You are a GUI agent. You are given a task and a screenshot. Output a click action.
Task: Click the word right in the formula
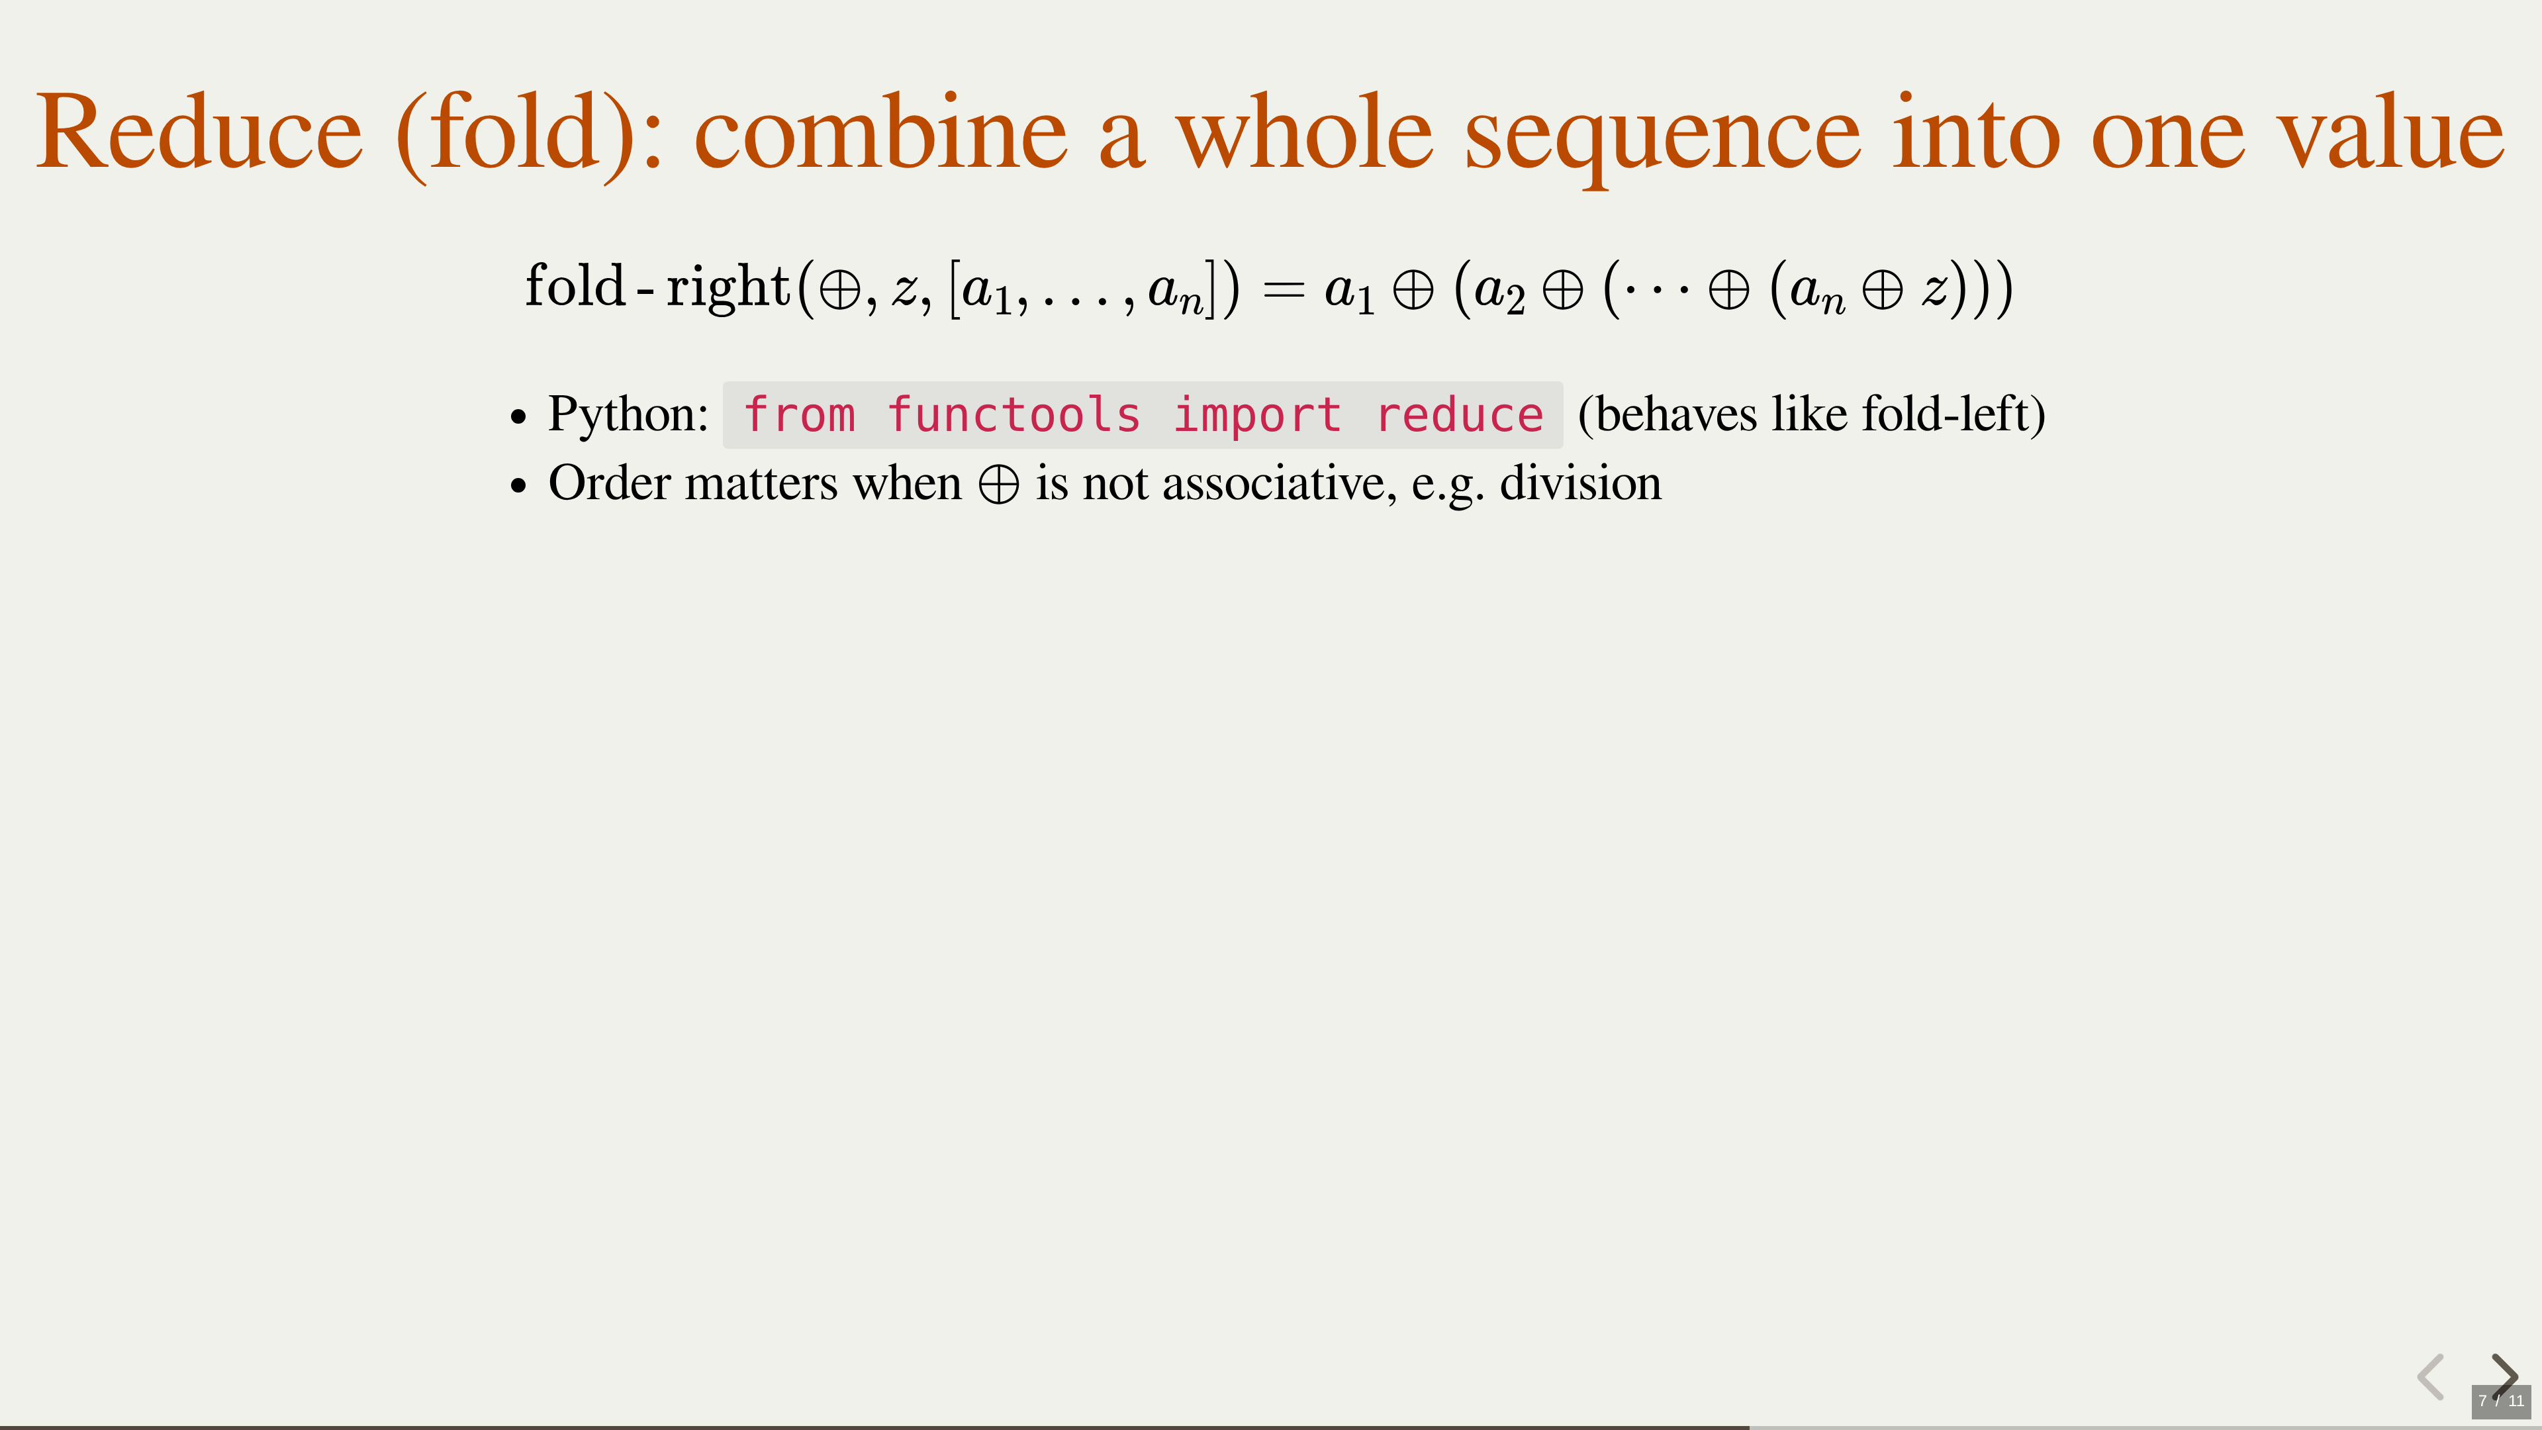728,287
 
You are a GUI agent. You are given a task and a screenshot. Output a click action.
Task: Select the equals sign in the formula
1284,290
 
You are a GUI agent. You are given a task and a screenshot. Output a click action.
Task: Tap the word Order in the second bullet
610,483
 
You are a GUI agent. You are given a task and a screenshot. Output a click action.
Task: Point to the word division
1581,483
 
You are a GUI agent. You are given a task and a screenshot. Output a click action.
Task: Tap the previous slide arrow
2431,1376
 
